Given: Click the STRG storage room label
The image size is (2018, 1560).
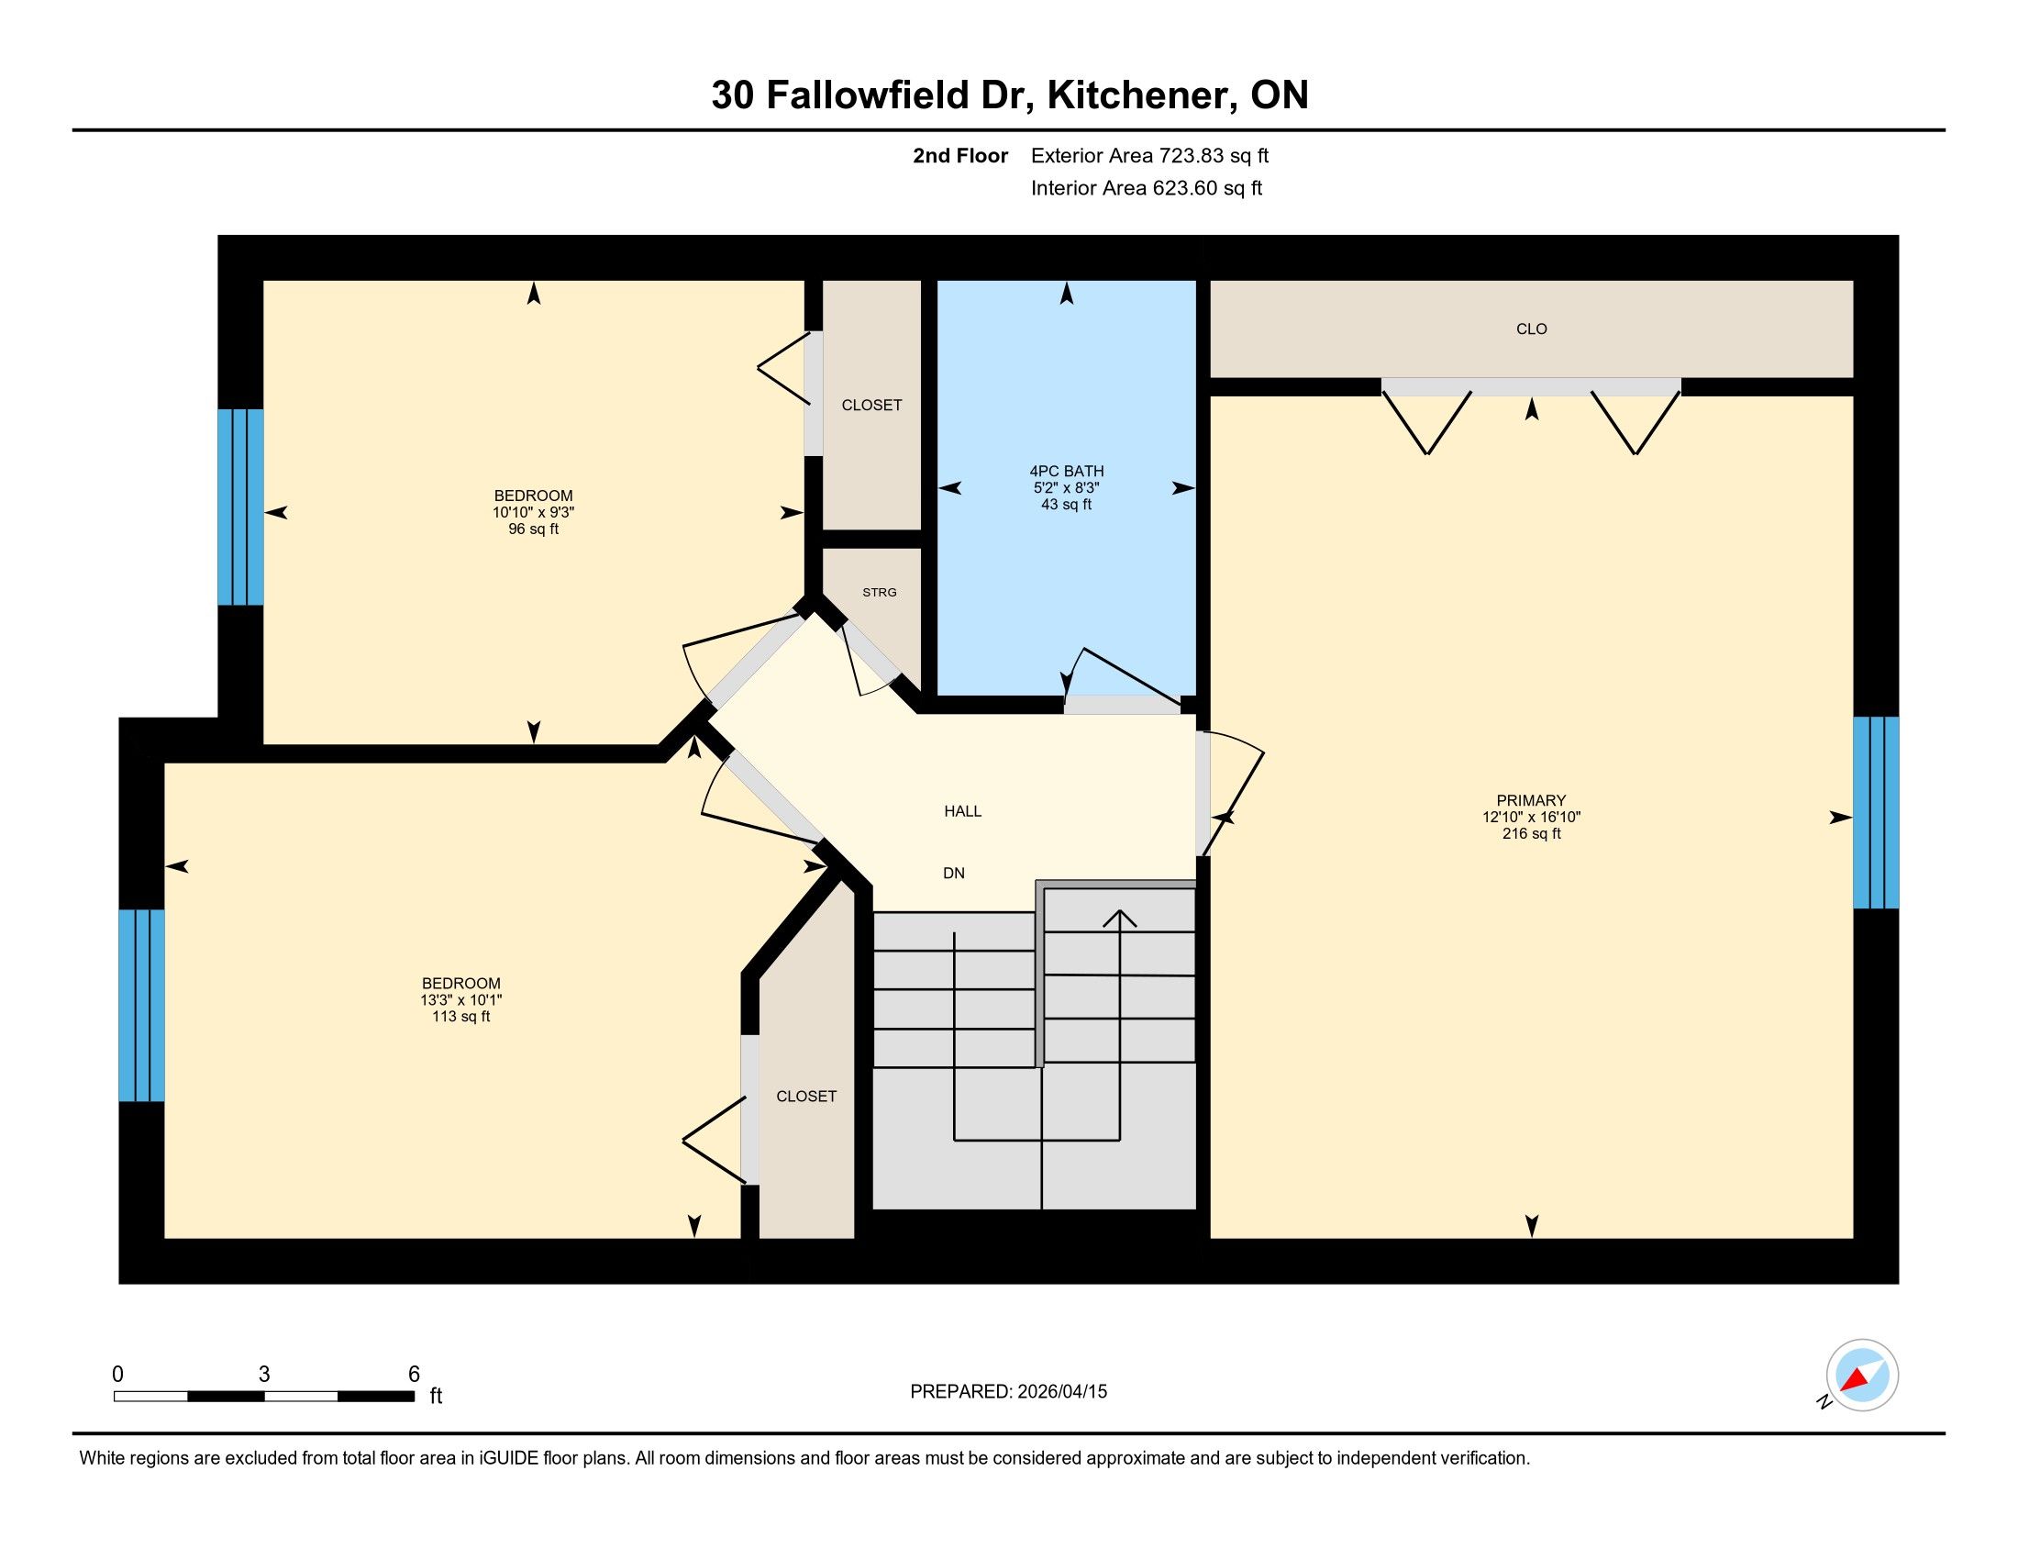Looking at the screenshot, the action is pos(879,593).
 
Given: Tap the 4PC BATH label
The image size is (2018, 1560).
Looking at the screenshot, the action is pos(1066,472).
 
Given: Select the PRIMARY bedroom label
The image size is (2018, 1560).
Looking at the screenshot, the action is pos(1531,800).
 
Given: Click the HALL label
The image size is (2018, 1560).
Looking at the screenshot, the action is pos(962,811).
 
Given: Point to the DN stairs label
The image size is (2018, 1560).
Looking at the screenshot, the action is pos(954,874).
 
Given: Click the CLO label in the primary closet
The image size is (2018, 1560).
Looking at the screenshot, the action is pos(1531,329).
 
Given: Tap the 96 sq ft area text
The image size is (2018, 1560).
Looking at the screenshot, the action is pos(533,529).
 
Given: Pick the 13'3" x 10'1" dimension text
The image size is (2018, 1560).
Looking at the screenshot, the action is pos(461,1000).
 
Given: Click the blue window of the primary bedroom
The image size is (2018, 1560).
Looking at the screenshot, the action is pos(1876,812).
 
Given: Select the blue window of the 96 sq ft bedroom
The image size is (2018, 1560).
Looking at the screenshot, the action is pos(240,507).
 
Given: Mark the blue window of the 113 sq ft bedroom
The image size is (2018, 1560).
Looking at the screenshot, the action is pos(141,1006).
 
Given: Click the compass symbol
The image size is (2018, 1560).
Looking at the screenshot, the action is pos(1862,1375).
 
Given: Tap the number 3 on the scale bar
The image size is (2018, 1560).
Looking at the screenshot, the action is pos(264,1375).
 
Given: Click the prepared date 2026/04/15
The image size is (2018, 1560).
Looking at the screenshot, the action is pos(1061,1392).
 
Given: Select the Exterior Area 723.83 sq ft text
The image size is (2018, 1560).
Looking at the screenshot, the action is pos(1149,156).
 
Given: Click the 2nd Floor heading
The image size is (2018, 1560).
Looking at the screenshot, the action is pos(960,156).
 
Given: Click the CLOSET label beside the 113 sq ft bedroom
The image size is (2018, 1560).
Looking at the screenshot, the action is pos(805,1096).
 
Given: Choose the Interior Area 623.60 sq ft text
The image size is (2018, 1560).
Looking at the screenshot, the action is pos(1147,188).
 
